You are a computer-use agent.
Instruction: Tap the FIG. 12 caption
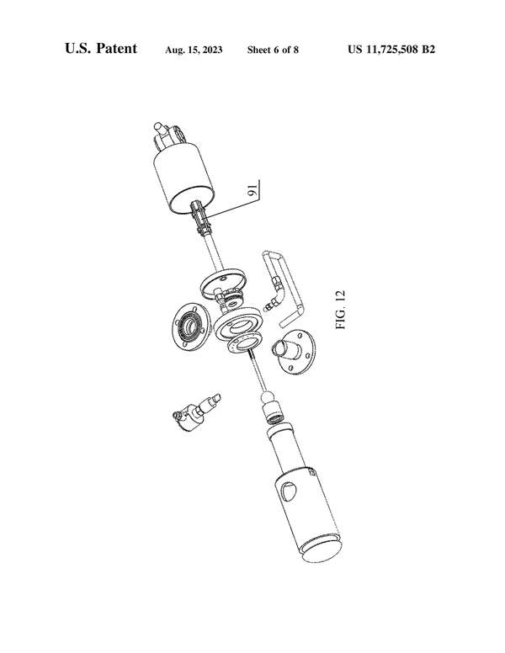tap(340, 310)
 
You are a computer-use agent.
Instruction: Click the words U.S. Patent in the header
tap(101, 48)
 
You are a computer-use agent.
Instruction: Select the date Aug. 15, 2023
tap(194, 50)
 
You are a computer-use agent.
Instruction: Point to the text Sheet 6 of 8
tap(273, 50)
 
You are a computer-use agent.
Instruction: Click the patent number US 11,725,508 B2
tap(391, 50)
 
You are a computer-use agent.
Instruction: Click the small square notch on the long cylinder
tap(311, 471)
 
